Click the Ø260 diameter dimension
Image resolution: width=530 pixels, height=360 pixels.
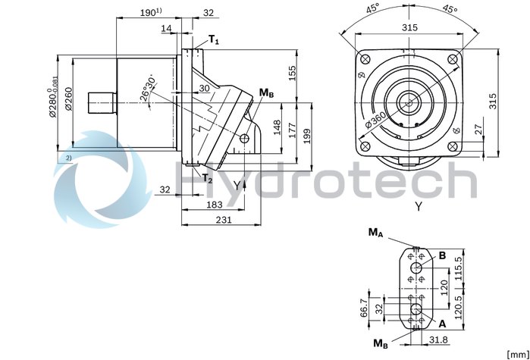70,100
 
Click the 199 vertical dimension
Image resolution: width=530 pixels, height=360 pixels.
308,134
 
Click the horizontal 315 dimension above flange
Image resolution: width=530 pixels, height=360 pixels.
410,28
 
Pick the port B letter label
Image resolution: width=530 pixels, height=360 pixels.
441,256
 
